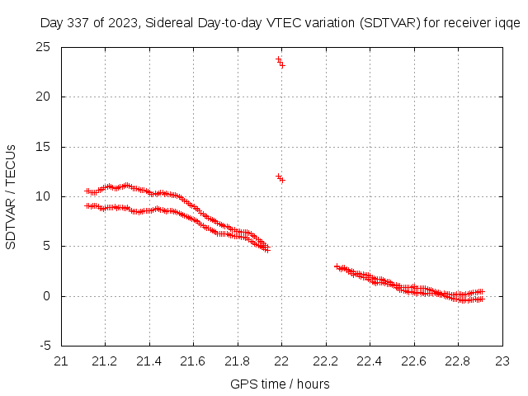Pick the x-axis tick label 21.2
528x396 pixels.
pyautogui.click(x=105, y=361)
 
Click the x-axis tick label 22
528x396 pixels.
pyautogui.click(x=281, y=361)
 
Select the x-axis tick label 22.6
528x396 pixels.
pyautogui.click(x=414, y=361)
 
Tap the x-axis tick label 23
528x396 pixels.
pyautogui.click(x=502, y=361)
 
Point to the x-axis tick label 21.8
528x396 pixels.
pyautogui.click(x=238, y=361)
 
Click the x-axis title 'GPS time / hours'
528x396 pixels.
pyautogui.click(x=281, y=384)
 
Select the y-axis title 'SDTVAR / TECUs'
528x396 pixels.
pyautogui.click(x=12, y=196)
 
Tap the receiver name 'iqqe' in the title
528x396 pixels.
pyautogui.click(x=507, y=23)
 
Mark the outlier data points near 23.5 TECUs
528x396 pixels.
pyautogui.click(x=280, y=62)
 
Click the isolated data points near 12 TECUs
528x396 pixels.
pyautogui.click(x=280, y=178)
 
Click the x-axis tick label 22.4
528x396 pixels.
pyautogui.click(x=370, y=361)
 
